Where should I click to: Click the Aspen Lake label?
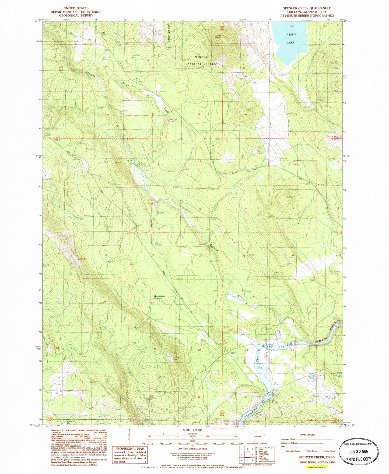(x=291, y=38)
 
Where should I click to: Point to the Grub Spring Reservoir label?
(x=159, y=298)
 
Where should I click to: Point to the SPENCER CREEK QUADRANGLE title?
(x=307, y=8)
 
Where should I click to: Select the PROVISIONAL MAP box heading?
(x=126, y=449)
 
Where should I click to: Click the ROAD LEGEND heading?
(x=307, y=435)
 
